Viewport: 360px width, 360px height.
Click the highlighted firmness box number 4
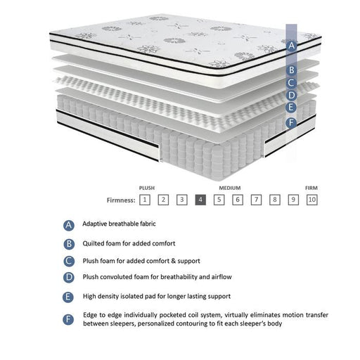click(x=200, y=200)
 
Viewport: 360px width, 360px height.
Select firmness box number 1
click(x=144, y=200)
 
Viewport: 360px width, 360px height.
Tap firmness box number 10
click(x=312, y=200)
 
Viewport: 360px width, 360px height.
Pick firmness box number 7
click(x=257, y=200)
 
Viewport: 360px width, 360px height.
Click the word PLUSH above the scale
click(x=147, y=188)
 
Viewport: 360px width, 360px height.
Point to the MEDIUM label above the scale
click(x=230, y=188)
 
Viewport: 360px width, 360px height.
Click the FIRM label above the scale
click(x=311, y=188)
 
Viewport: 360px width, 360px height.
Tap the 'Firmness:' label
click(x=122, y=200)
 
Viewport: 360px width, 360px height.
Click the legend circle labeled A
click(x=68, y=225)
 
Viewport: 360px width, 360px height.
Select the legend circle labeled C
click(x=68, y=261)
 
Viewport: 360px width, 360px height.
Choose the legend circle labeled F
click(x=68, y=319)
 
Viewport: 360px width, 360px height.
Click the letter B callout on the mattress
click(x=291, y=70)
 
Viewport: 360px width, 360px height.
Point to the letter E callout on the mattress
click(x=291, y=108)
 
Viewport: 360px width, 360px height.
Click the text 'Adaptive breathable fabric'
click(x=119, y=224)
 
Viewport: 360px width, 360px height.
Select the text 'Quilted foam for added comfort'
click(x=124, y=243)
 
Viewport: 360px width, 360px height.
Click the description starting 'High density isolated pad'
click(x=156, y=296)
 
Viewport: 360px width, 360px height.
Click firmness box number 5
click(x=219, y=200)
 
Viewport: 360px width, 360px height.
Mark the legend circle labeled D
click(x=68, y=278)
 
